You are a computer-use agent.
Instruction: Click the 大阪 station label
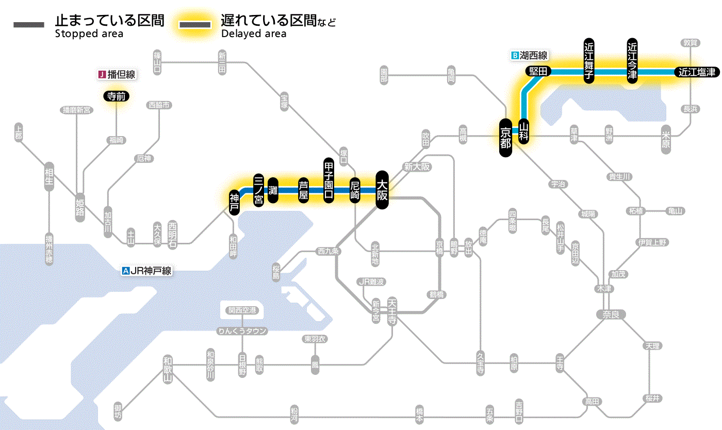[382, 190]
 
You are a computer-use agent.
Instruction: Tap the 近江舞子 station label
[589, 60]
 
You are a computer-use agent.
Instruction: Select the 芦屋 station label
[304, 190]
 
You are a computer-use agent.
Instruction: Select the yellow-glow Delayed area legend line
[194, 25]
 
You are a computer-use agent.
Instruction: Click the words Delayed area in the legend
[254, 34]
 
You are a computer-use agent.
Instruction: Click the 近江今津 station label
[632, 60]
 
